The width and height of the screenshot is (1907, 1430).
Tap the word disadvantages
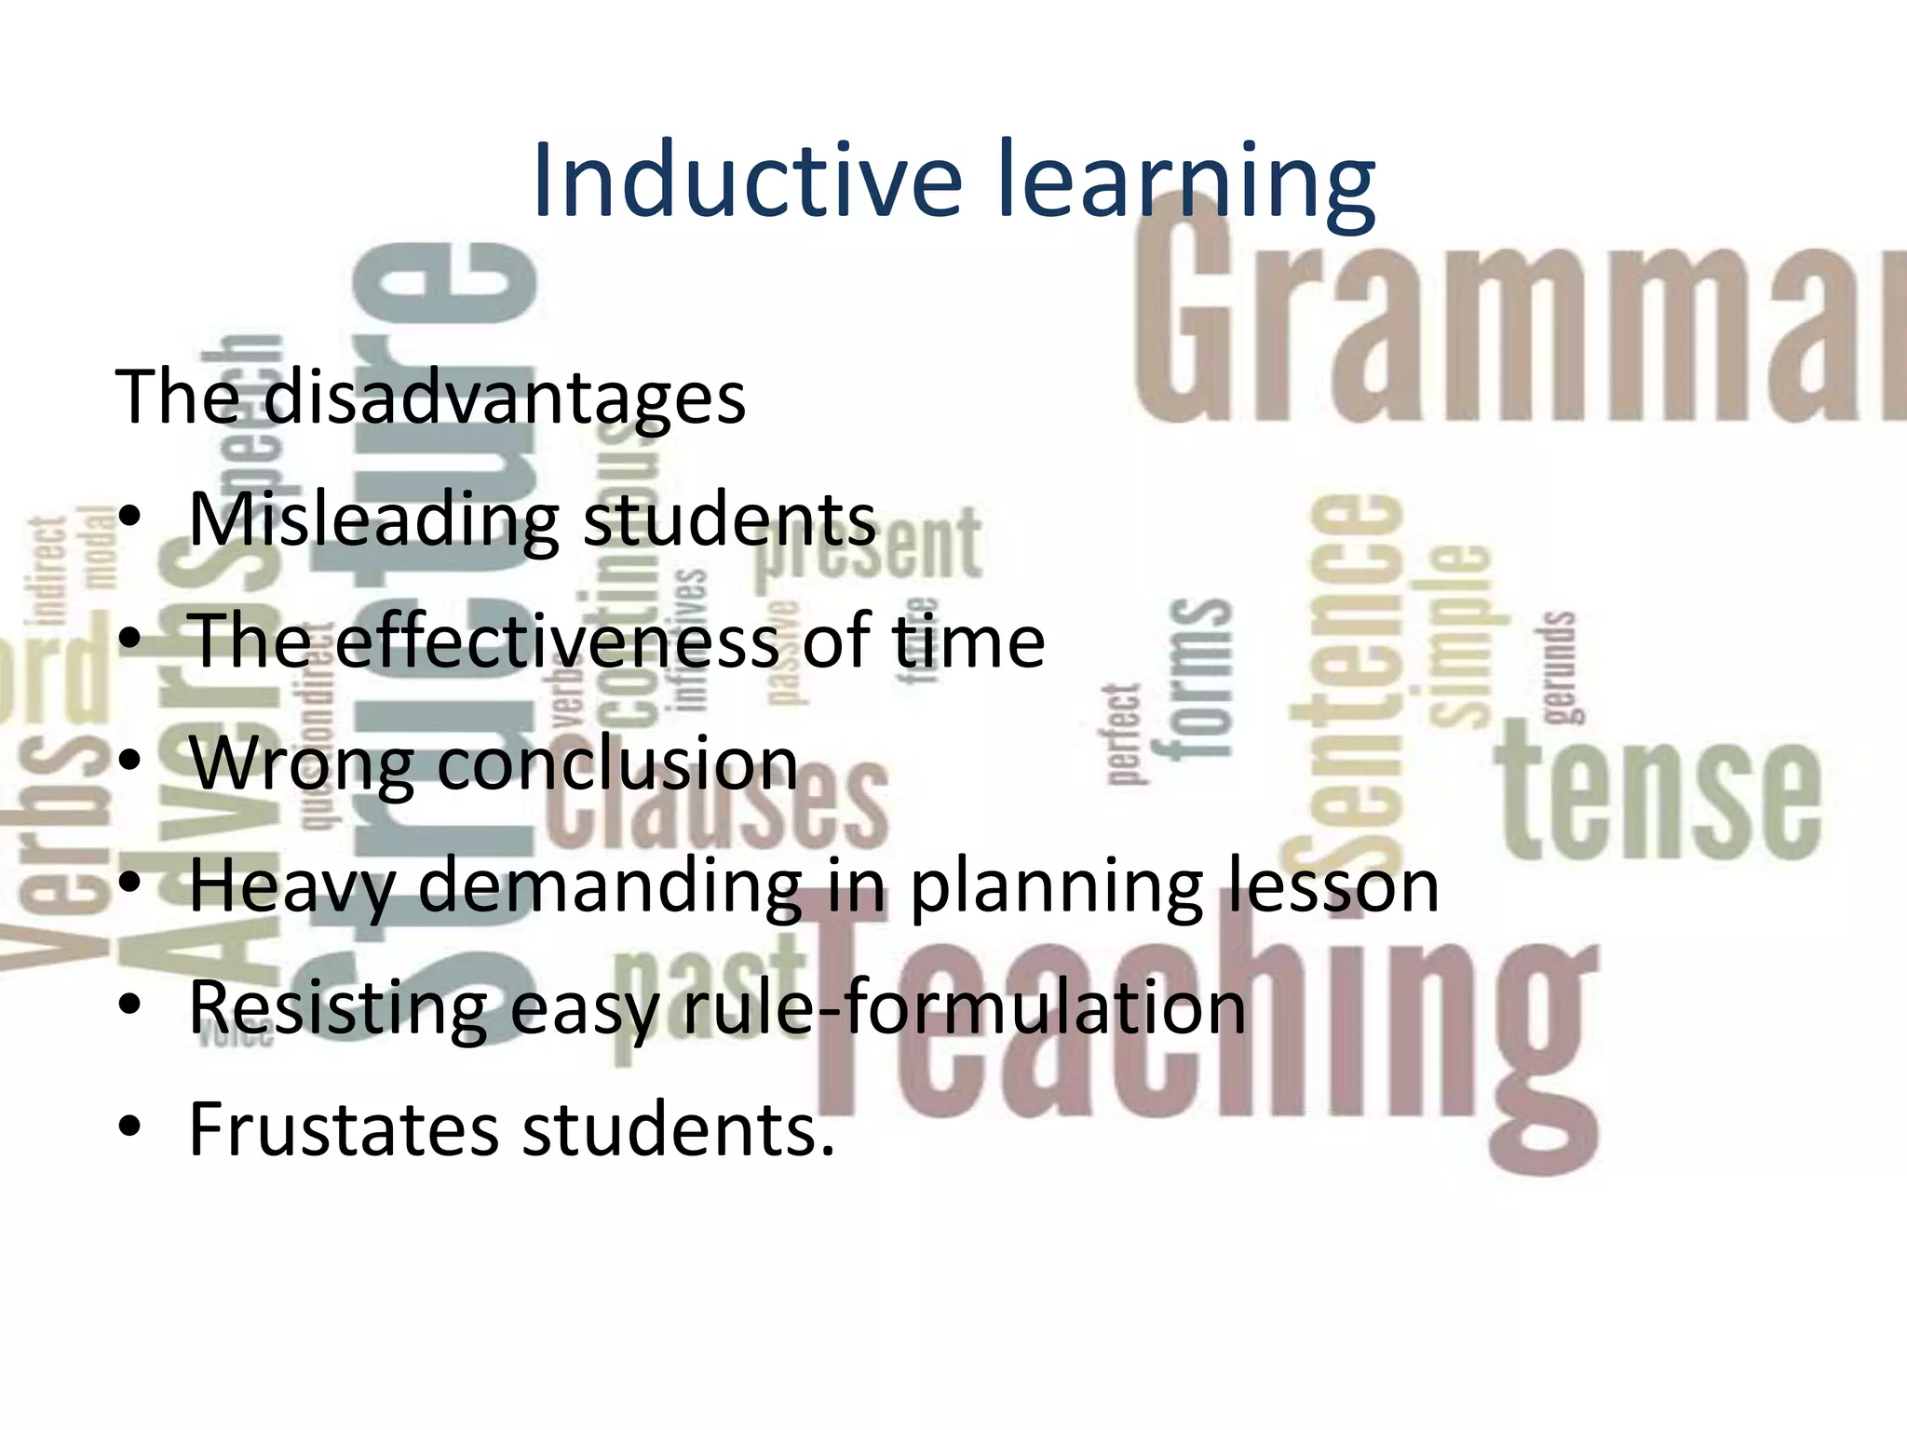point(504,398)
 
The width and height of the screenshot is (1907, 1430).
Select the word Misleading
point(372,521)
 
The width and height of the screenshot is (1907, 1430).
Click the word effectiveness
point(557,641)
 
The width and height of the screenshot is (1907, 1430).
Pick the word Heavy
point(292,887)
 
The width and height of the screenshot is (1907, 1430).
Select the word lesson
point(1332,885)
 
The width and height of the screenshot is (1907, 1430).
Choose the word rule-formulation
point(965,1007)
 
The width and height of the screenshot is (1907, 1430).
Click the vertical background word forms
point(1199,679)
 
